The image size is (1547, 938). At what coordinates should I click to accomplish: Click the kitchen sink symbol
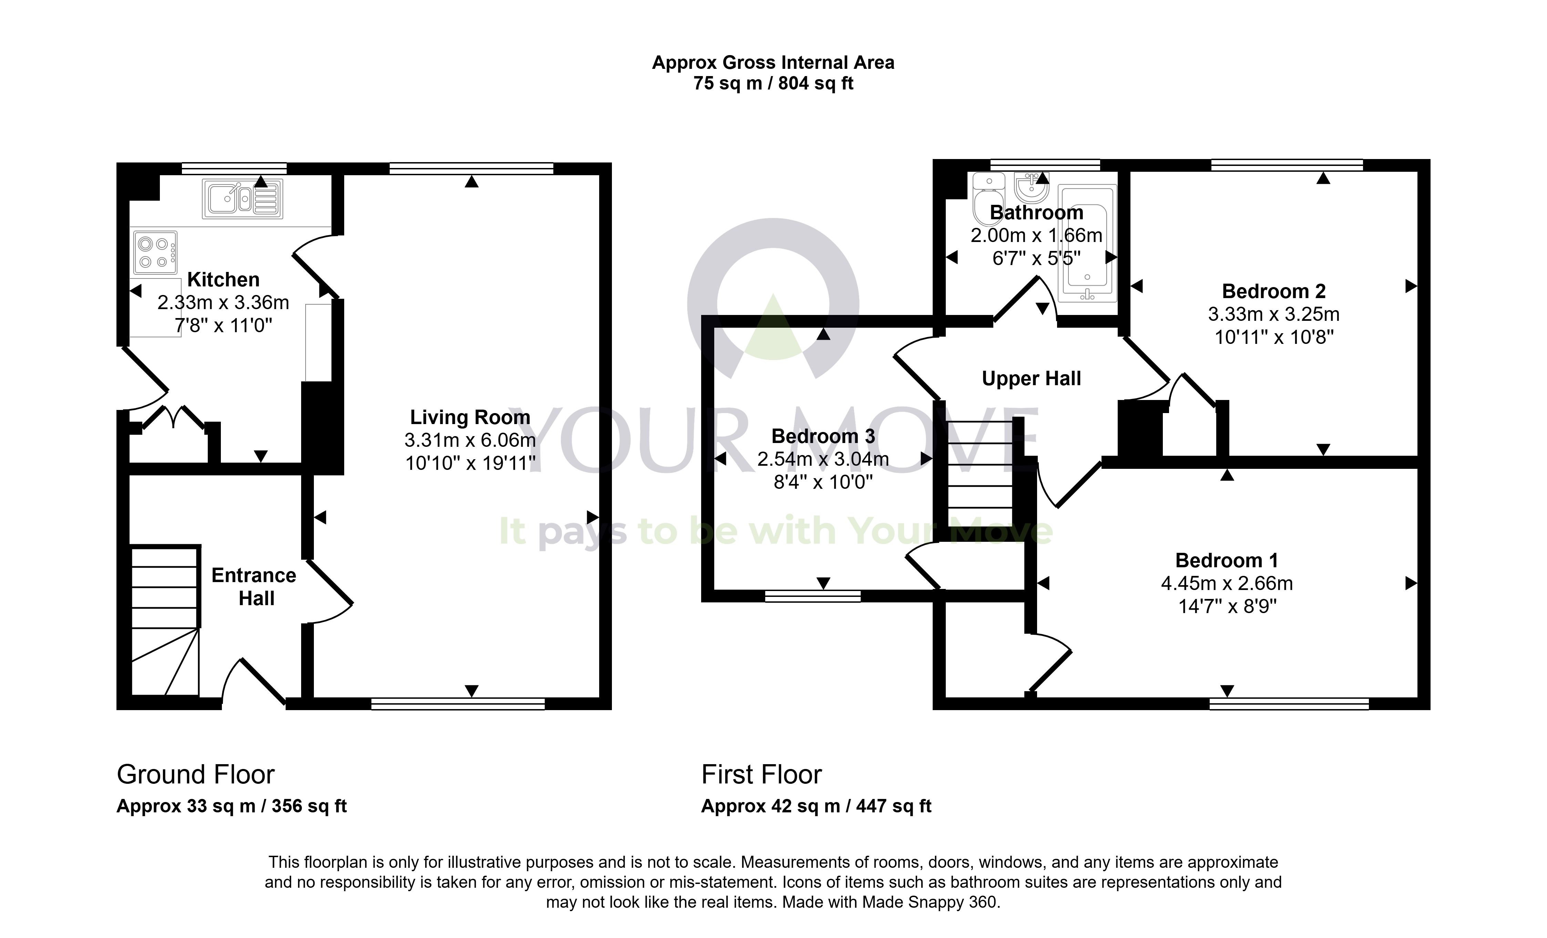pos(242,199)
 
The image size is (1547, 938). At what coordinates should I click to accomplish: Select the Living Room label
pos(470,417)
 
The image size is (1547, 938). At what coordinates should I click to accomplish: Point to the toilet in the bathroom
pos(989,194)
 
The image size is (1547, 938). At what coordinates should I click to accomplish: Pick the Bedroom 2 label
pos(1274,291)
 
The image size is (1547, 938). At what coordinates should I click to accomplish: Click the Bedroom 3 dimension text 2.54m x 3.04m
pos(823,459)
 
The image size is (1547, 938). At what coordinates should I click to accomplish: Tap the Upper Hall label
pos(1032,379)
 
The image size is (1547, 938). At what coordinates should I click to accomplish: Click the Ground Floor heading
pos(196,775)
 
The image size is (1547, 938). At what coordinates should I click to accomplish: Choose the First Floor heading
pos(761,775)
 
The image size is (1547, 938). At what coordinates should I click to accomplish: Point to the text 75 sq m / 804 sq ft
pos(773,83)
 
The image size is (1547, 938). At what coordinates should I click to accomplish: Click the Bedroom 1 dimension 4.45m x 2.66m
pos(1227,583)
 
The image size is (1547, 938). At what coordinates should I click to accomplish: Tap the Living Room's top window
pos(472,168)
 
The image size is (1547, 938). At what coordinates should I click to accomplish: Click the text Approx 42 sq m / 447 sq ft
pos(816,806)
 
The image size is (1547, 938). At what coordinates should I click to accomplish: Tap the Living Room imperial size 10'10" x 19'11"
pos(470,463)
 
